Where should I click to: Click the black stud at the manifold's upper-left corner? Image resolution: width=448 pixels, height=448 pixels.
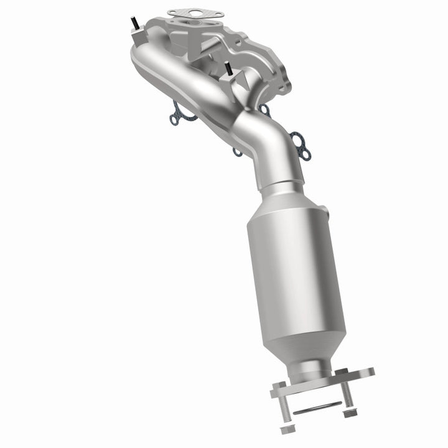[x=133, y=24]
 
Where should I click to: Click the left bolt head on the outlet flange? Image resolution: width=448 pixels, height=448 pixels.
[x=278, y=392]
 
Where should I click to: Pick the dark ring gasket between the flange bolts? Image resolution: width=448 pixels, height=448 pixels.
[x=317, y=408]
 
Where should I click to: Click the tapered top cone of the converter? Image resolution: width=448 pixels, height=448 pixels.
[x=280, y=199]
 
